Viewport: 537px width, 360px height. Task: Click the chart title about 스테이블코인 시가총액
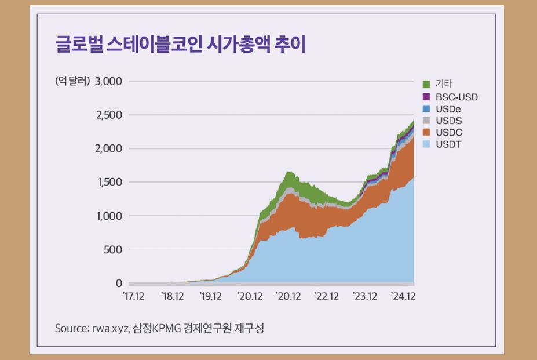pos(180,45)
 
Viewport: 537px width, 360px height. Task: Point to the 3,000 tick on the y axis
pos(108,81)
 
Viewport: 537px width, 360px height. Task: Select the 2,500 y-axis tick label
pos(108,115)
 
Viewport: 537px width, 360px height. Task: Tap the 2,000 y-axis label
pos(108,148)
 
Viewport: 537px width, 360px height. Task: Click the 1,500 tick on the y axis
pos(109,182)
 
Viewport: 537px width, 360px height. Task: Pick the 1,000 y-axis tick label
pos(109,216)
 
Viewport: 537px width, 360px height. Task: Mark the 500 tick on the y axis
pos(113,249)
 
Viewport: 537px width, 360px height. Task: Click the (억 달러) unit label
pos(72,81)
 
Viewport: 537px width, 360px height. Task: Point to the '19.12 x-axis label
pos(210,296)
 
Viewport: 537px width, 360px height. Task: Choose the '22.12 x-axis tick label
pos(326,296)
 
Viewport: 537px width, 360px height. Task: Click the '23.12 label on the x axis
pos(365,296)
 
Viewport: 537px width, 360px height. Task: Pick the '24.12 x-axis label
pos(403,296)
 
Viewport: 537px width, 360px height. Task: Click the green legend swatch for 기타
pos(426,84)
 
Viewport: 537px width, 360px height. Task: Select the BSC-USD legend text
pos(456,96)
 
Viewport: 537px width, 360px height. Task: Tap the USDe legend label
pos(448,108)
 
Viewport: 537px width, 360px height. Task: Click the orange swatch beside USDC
pos(426,132)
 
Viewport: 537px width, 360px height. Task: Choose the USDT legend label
pos(448,144)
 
